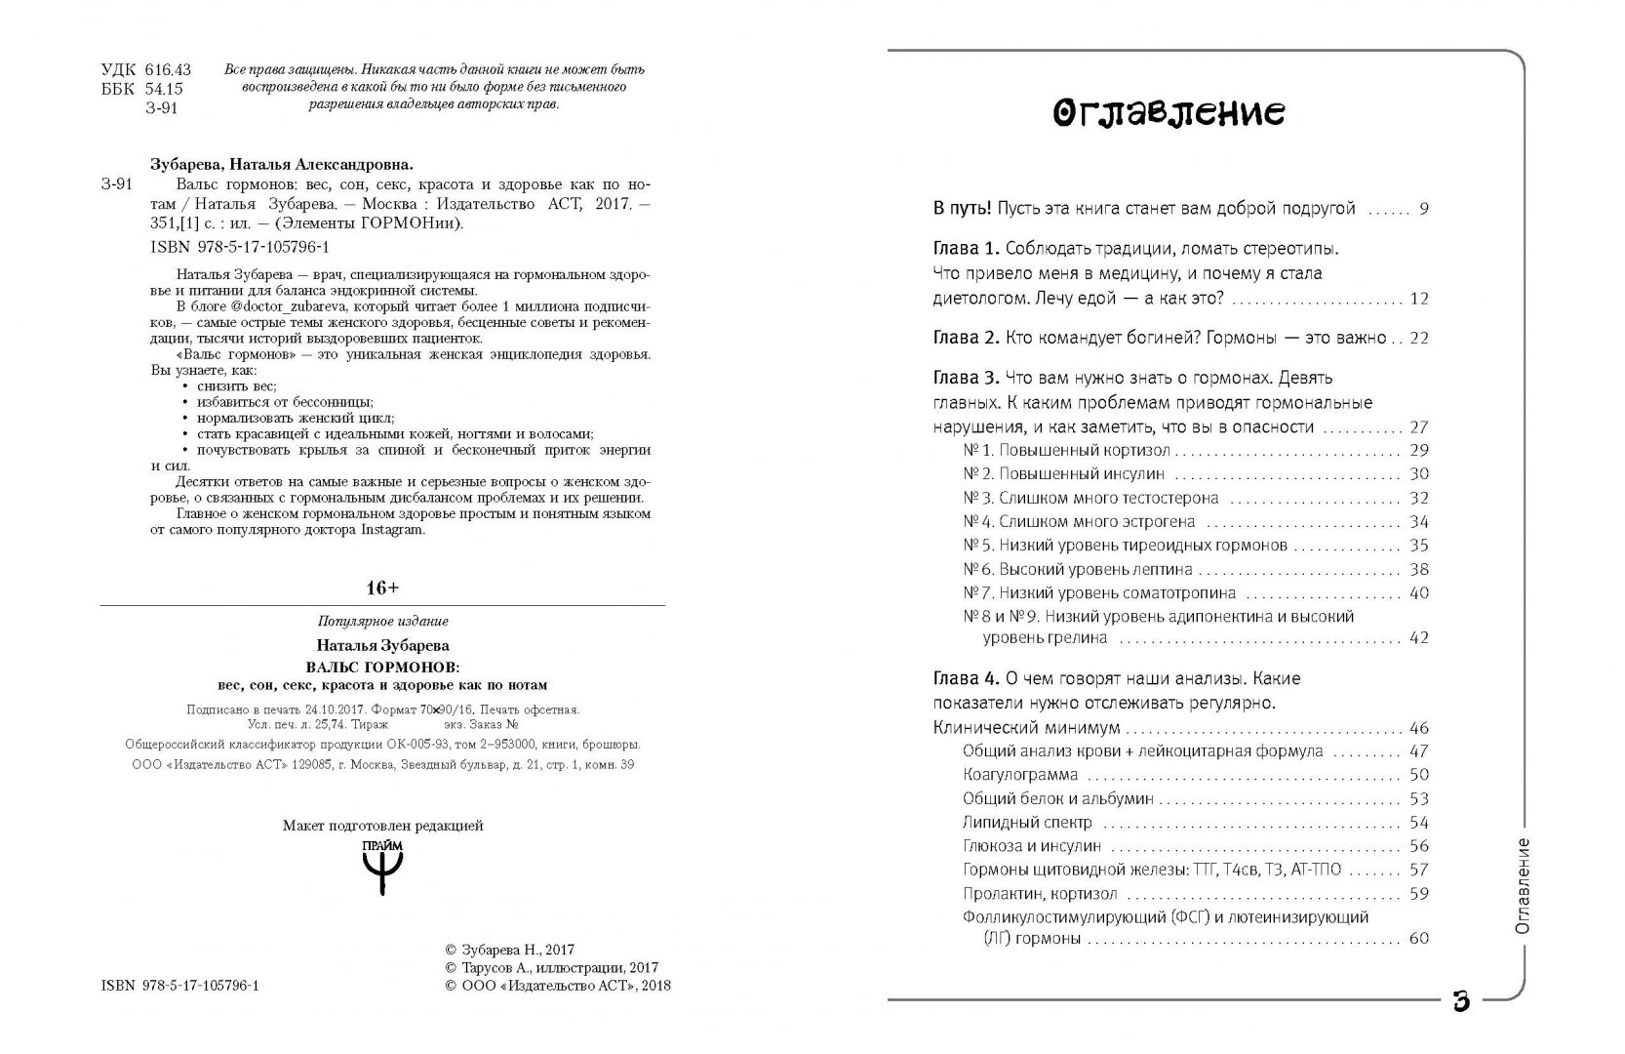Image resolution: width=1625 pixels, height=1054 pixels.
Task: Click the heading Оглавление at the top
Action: click(1169, 115)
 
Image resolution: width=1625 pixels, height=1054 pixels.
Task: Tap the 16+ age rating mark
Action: click(382, 588)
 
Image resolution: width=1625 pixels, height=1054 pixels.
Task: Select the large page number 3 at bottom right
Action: click(1461, 1001)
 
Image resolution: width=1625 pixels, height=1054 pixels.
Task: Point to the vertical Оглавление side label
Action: click(1522, 887)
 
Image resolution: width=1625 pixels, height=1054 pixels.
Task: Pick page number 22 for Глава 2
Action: click(1418, 339)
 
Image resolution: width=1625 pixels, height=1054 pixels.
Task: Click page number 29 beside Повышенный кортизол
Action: click(1418, 451)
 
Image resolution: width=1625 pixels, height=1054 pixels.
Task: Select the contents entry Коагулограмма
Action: click(1020, 775)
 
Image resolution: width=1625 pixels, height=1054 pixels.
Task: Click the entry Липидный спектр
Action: click(1027, 823)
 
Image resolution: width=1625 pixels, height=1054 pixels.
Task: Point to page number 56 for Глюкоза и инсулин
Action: click(1418, 847)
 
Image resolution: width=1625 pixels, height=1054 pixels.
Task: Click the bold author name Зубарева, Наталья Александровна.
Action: click(290, 165)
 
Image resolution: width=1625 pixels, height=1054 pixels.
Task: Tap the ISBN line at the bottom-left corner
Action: click(179, 987)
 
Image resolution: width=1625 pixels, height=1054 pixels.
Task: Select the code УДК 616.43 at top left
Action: click(146, 69)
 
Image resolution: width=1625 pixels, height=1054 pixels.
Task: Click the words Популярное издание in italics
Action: click(382, 622)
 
